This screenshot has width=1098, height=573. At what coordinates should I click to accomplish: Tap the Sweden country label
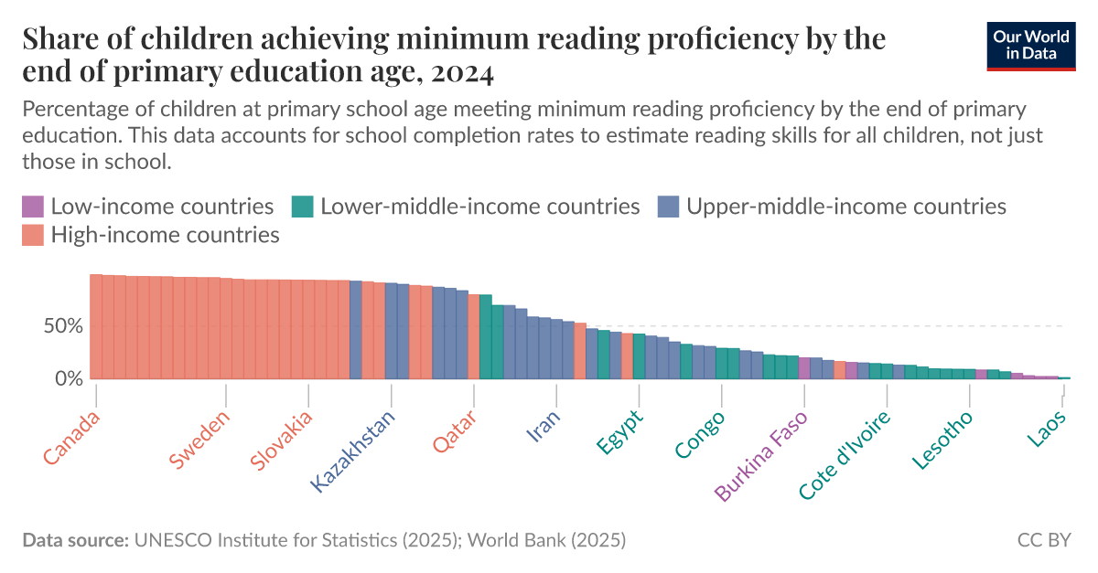(x=199, y=440)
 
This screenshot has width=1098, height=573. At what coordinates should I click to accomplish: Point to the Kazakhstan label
(x=353, y=451)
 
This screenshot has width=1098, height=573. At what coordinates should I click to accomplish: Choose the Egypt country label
(x=620, y=431)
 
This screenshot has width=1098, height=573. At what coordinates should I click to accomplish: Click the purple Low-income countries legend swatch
(x=32, y=207)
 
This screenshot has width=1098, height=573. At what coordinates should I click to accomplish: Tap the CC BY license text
(x=1043, y=540)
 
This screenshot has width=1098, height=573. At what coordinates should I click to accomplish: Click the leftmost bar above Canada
(x=95, y=326)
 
